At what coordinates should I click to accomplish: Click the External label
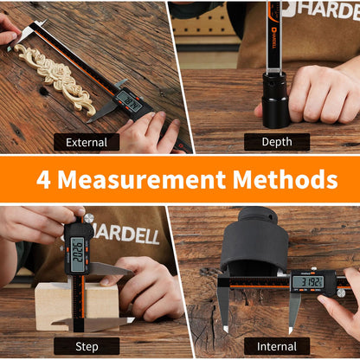[x=87, y=142]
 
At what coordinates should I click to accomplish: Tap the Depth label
[x=276, y=142]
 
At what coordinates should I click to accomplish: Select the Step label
[x=87, y=345]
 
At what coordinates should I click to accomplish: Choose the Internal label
[x=276, y=345]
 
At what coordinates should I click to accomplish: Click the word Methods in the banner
[x=285, y=180]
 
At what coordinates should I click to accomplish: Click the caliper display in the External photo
[x=128, y=101]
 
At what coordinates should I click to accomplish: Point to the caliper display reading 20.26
[x=78, y=254]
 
